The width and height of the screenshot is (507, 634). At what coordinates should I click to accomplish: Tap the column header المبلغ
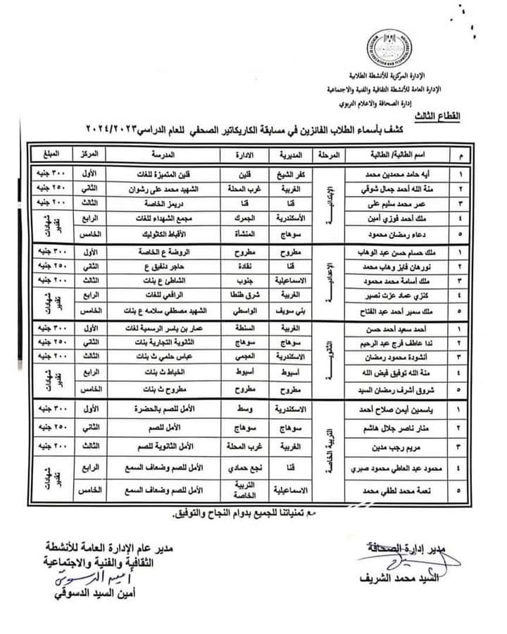[x=51, y=153]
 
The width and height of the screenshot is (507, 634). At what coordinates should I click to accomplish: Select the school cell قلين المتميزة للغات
[x=168, y=172]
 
